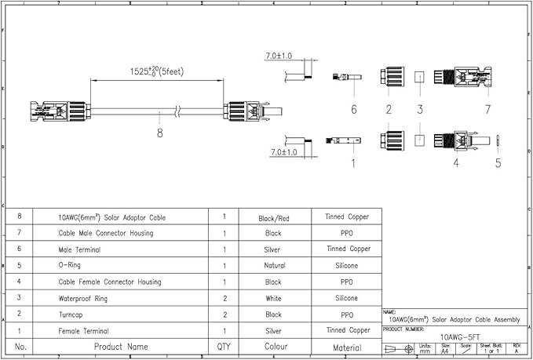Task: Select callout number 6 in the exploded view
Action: pos(353,108)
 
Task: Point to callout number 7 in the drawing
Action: pos(487,108)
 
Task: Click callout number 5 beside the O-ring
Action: pos(498,163)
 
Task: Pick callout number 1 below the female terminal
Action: pos(353,163)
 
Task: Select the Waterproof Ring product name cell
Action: pos(88,298)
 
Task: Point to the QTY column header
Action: pos(224,346)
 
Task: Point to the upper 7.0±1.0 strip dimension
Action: pos(279,56)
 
